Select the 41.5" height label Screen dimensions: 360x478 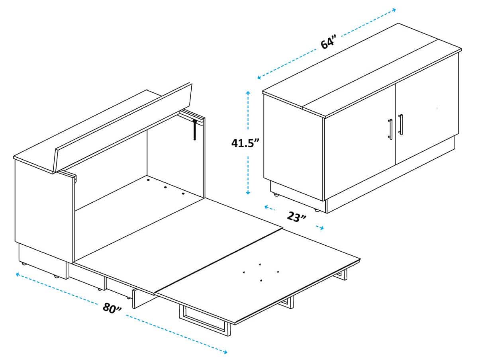[x=246, y=142]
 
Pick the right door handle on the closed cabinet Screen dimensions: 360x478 [x=400, y=125]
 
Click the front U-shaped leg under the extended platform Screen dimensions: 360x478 [x=206, y=320]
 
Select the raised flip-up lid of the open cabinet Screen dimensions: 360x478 [x=123, y=127]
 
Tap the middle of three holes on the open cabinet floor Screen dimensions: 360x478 [x=165, y=187]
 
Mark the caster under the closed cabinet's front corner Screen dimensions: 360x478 [x=317, y=209]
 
